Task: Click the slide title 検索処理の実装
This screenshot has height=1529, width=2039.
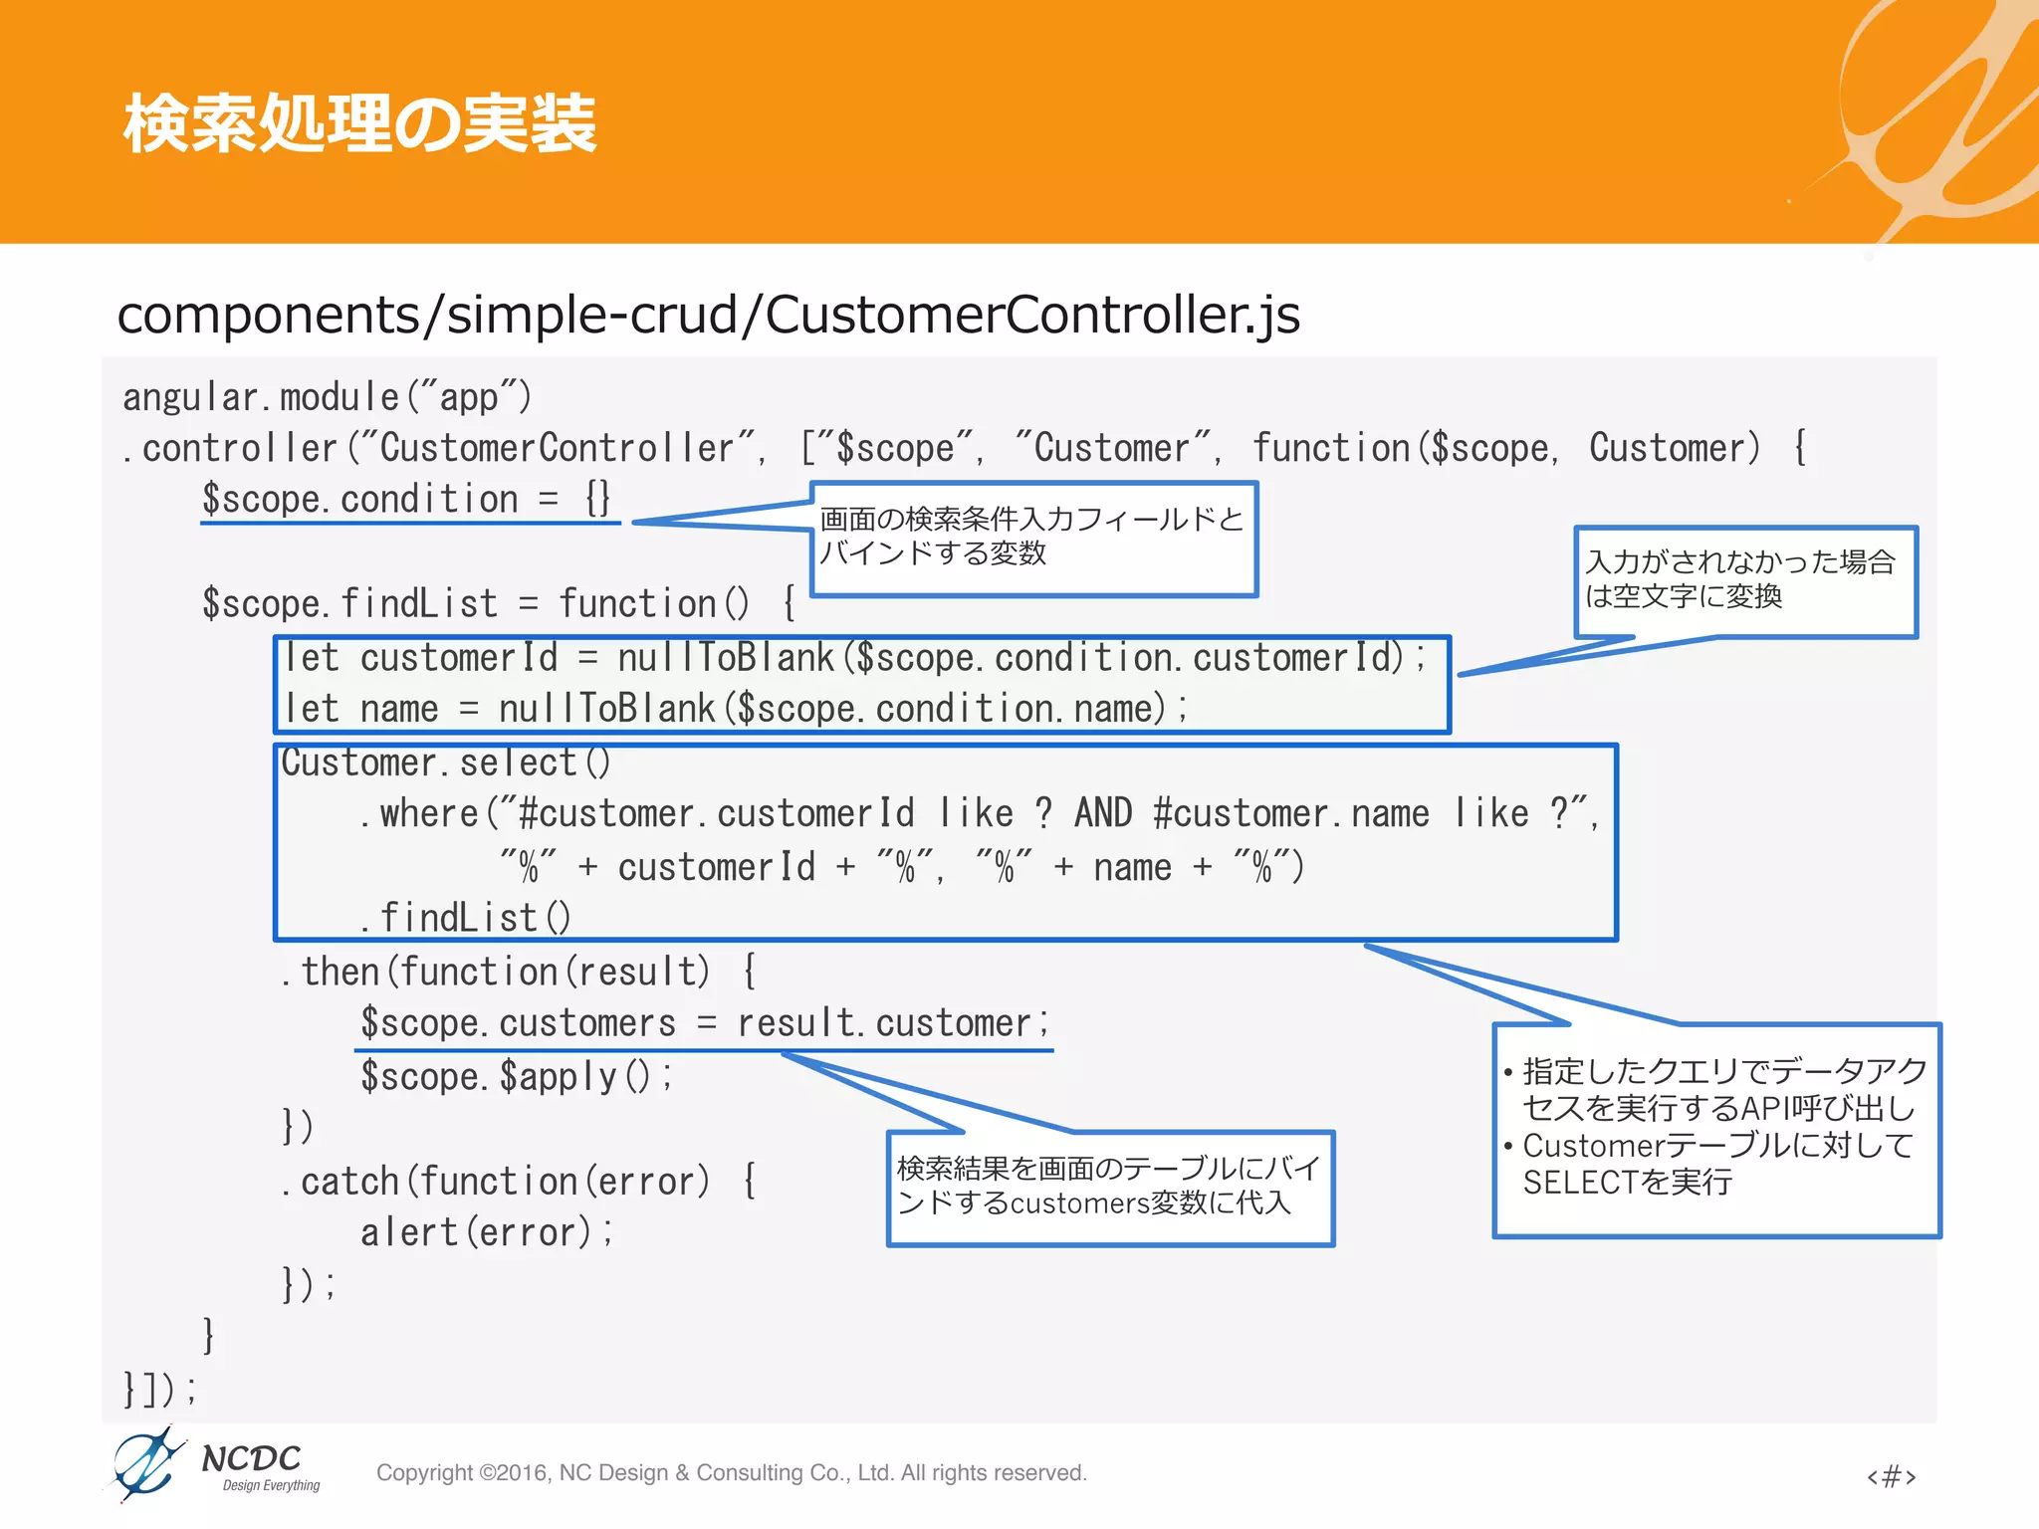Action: pyautogui.click(x=359, y=123)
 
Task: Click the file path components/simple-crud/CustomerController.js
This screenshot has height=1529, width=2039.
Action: pyautogui.click(x=708, y=315)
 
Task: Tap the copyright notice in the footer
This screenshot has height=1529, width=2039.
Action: pyautogui.click(x=731, y=1473)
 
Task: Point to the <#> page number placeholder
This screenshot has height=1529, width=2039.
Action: pyautogui.click(x=1891, y=1475)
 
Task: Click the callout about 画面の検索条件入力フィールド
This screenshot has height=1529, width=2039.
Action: pyautogui.click(x=1033, y=539)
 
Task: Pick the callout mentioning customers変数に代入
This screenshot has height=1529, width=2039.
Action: pyautogui.click(x=1109, y=1188)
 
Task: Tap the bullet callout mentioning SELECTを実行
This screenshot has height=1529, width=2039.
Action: pyautogui.click(x=1716, y=1130)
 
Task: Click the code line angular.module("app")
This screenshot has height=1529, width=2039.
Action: pyautogui.click(x=327, y=397)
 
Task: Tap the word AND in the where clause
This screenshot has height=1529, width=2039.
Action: pyautogui.click(x=1102, y=813)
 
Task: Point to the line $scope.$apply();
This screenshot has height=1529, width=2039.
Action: pyautogui.click(x=516, y=1077)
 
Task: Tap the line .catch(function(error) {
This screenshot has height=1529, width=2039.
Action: pyautogui.click(x=519, y=1182)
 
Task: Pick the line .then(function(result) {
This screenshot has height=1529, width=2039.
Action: pyautogui.click(x=519, y=972)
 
